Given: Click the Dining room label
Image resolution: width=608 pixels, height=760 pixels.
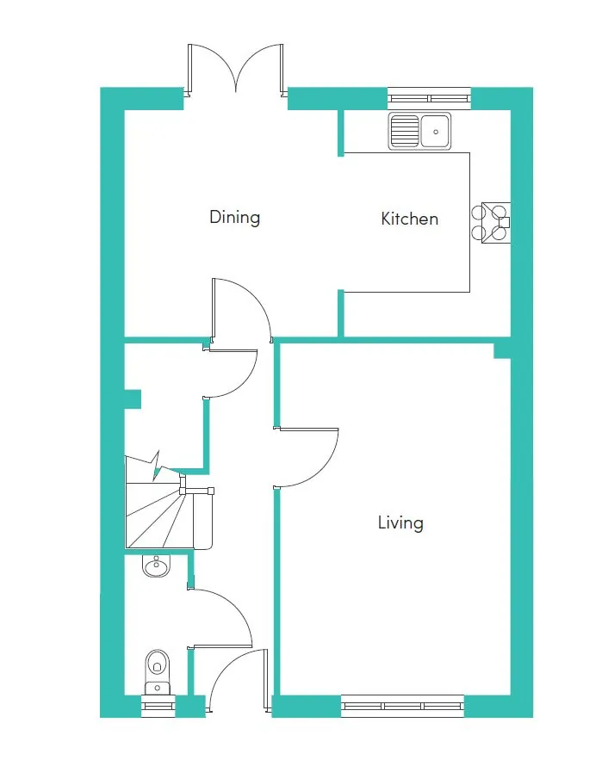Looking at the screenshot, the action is tap(234, 218).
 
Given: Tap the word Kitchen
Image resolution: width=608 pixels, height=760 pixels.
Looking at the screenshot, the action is tap(410, 219).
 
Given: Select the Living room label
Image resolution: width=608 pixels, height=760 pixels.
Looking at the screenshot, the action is tap(400, 523).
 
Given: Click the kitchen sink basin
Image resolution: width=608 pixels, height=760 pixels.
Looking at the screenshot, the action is tap(436, 131).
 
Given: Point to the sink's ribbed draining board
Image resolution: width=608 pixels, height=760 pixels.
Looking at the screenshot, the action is tap(405, 131).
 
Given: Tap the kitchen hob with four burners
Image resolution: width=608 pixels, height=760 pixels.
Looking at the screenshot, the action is tap(491, 223).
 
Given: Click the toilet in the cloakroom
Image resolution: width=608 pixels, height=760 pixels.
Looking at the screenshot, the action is tap(157, 673).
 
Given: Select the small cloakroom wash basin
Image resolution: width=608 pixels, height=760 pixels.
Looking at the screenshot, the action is tap(156, 565).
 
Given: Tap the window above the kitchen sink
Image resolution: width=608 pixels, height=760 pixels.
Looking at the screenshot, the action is tap(429, 99).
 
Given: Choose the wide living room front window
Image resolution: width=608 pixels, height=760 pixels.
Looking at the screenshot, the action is tap(402, 706).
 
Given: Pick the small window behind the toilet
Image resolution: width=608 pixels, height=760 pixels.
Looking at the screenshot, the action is tap(158, 706).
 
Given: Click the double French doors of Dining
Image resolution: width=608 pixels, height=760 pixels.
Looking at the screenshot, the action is tap(236, 68).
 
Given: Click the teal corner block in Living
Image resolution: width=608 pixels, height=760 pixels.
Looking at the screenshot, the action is tap(502, 351).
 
